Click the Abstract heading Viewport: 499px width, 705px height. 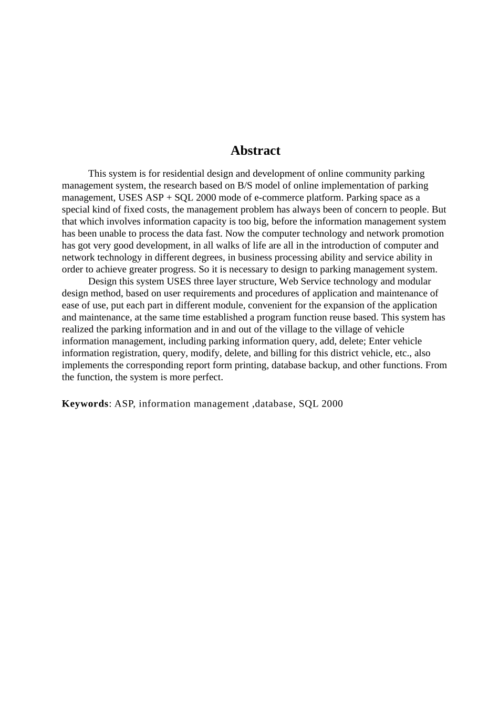[x=255, y=151]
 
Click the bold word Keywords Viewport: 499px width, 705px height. [x=85, y=404]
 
